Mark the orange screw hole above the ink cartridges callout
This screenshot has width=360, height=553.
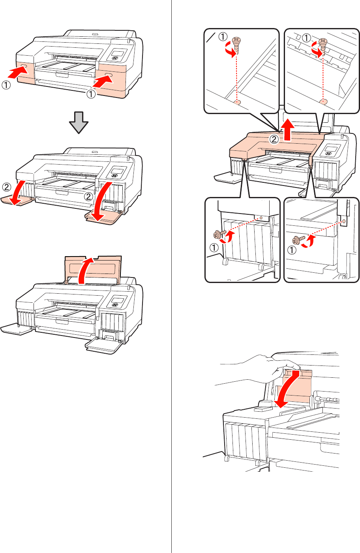261,217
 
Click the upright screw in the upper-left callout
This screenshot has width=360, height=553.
236,43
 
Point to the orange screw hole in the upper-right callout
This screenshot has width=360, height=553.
323,101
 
